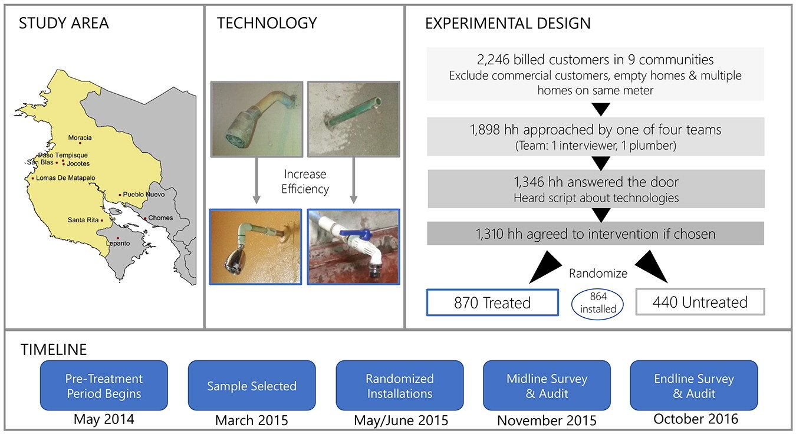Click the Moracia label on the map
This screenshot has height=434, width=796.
pyautogui.click(x=80, y=138)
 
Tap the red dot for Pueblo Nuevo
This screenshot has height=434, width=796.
pyautogui.click(x=120, y=195)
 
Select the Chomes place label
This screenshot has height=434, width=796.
pyautogui.click(x=160, y=218)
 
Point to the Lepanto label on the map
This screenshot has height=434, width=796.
pyautogui.click(x=118, y=243)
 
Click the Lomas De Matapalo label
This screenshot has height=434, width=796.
pyautogui.click(x=65, y=177)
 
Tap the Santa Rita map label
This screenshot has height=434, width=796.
pyautogui.click(x=83, y=220)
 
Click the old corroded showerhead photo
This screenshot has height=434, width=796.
pyautogui.click(x=256, y=119)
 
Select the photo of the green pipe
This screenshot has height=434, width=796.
pyautogui.click(x=353, y=119)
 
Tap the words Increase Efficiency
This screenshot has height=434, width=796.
pyautogui.click(x=305, y=182)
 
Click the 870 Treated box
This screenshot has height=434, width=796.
pyautogui.click(x=492, y=303)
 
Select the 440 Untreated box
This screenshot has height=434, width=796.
pyautogui.click(x=700, y=303)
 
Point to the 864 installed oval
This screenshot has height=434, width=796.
pyautogui.click(x=598, y=303)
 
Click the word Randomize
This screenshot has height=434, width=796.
pyautogui.click(x=598, y=274)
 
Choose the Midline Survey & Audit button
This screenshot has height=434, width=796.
pyautogui.click(x=547, y=386)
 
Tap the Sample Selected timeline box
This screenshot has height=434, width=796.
pyautogui.click(x=252, y=386)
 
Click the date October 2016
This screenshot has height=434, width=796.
pyautogui.click(x=696, y=419)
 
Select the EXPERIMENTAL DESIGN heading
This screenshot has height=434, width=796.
pyautogui.click(x=508, y=24)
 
